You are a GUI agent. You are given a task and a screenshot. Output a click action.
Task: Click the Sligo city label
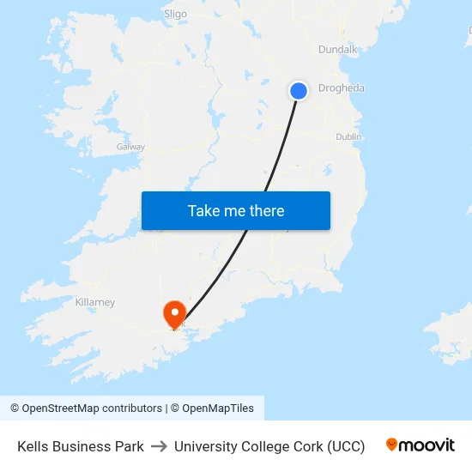(175, 14)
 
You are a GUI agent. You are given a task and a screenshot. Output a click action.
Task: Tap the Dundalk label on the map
(337, 50)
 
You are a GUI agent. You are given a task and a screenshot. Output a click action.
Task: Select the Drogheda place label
(341, 88)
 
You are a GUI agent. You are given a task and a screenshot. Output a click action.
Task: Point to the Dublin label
(348, 136)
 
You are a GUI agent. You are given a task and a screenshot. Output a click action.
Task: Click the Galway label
(130, 147)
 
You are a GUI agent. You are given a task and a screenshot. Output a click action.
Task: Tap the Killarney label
(94, 302)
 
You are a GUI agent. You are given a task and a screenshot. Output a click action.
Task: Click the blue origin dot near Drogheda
(299, 90)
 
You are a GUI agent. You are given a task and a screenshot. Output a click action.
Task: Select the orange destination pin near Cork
(174, 313)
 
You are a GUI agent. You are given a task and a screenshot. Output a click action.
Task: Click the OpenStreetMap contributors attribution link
(92, 408)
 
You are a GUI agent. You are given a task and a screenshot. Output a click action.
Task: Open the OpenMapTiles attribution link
(218, 408)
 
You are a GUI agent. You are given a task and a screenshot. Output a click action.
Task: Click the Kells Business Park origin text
(81, 446)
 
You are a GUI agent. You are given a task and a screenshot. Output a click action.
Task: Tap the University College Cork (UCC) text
(269, 446)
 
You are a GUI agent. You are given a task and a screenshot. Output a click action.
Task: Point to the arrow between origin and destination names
(159, 446)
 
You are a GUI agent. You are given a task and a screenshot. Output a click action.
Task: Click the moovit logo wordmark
(427, 445)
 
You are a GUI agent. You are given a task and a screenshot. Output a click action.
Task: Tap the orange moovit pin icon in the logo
(392, 445)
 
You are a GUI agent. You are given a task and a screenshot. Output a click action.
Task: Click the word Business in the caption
(82, 446)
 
